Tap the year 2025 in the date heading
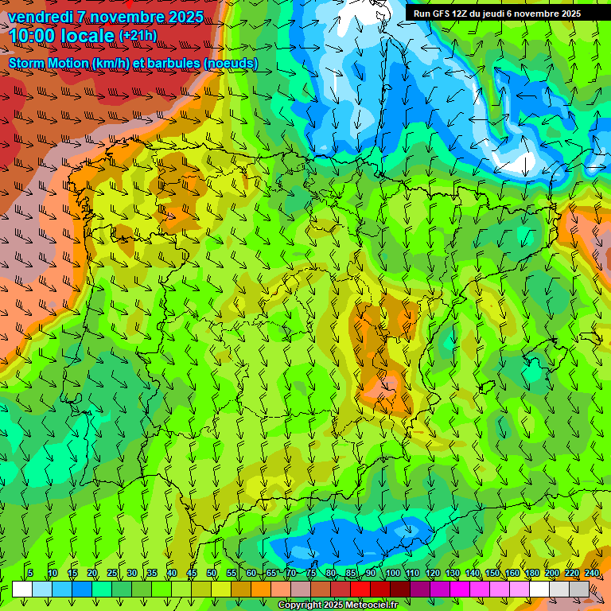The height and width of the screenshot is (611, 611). [x=185, y=17]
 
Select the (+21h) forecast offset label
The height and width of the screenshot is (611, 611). [x=138, y=36]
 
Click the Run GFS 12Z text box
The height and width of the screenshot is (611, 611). [x=497, y=14]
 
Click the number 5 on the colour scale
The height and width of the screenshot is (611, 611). [x=30, y=573]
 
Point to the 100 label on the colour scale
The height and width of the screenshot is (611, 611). [x=392, y=573]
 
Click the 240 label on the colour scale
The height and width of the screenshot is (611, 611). [x=591, y=573]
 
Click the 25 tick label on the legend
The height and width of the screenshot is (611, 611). [x=112, y=573]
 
